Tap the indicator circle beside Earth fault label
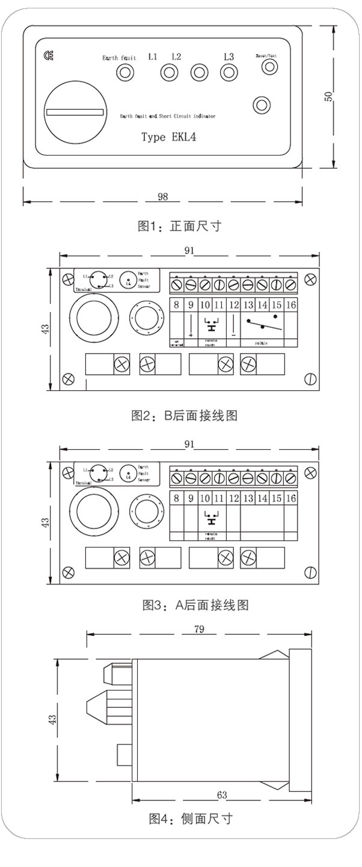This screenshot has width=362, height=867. [124, 73]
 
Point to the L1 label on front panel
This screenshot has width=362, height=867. [153, 57]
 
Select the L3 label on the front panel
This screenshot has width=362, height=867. [229, 57]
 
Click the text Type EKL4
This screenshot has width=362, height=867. [169, 137]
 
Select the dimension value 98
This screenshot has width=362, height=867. [162, 196]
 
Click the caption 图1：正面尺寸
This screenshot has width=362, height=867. [180, 226]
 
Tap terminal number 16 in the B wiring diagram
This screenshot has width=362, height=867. [291, 305]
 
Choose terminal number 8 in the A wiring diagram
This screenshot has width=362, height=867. [176, 498]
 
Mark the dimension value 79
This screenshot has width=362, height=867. [200, 629]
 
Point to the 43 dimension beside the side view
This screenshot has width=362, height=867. [53, 719]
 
